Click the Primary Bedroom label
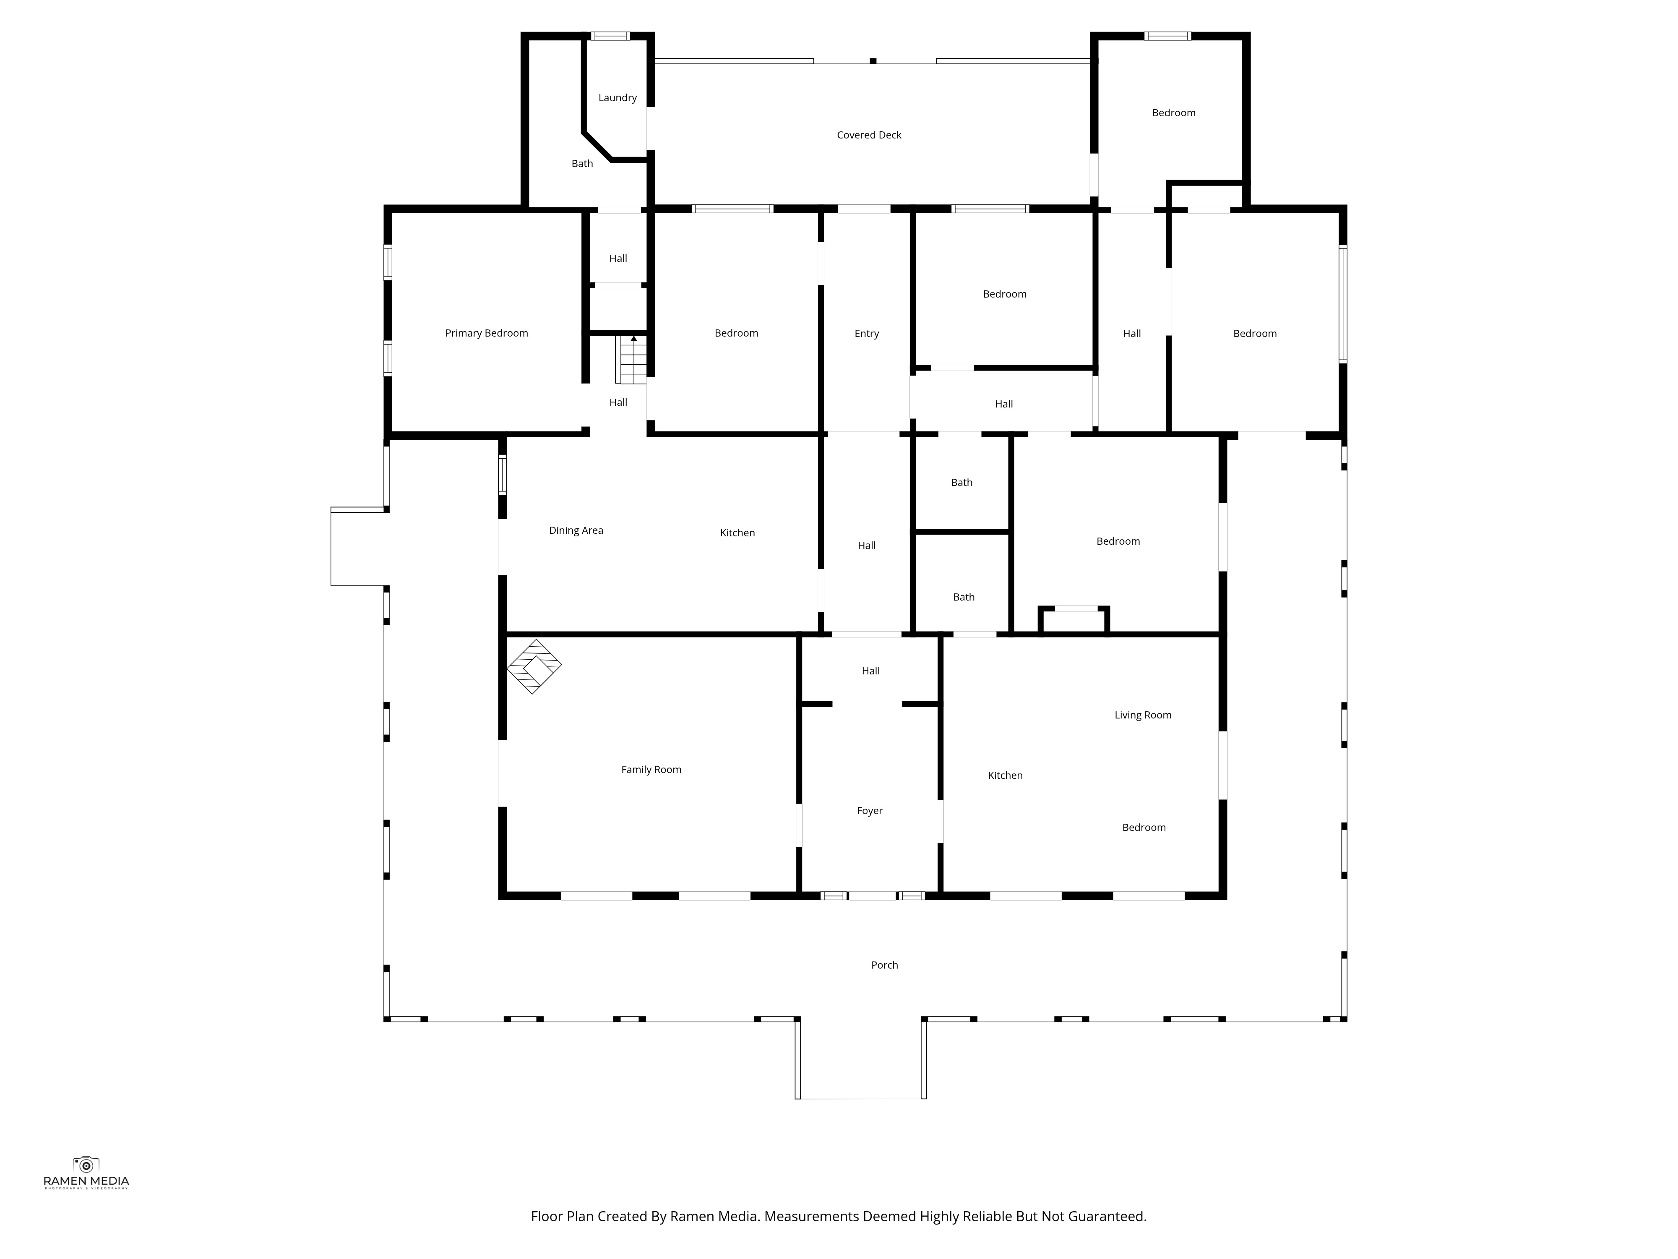(x=486, y=333)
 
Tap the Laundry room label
(x=618, y=98)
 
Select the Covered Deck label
(x=869, y=135)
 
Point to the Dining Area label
(x=576, y=530)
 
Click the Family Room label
(x=651, y=770)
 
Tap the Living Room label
(x=1142, y=715)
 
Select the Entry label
(x=866, y=334)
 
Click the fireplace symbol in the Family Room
(x=534, y=666)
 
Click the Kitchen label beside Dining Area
(x=737, y=533)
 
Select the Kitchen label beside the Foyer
(x=1005, y=776)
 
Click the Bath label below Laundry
(x=582, y=164)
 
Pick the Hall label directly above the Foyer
(x=870, y=671)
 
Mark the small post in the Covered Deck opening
(x=873, y=61)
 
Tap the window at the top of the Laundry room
(x=611, y=36)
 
